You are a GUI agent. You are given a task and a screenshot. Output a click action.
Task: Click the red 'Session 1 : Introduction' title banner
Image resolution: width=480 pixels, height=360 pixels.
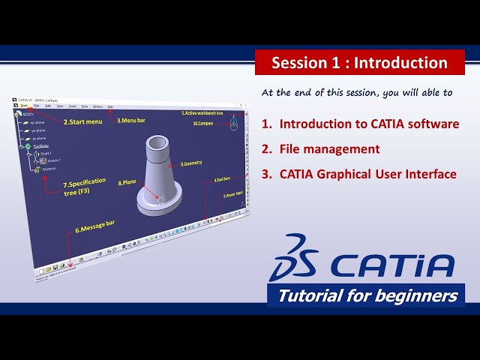(359, 63)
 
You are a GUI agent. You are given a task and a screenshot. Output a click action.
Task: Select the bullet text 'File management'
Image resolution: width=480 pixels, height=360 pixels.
(329, 149)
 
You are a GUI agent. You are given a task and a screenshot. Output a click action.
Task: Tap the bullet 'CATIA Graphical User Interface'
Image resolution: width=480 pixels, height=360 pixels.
(367, 174)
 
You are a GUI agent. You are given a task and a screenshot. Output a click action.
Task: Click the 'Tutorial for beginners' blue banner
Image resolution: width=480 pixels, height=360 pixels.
(367, 295)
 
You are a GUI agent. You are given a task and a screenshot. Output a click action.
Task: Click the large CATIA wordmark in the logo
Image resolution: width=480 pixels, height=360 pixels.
(391, 266)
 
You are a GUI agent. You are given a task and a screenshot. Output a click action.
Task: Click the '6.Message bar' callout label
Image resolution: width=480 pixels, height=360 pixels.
(95, 230)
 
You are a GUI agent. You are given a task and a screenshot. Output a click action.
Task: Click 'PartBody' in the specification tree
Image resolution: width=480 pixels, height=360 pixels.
(41, 145)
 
